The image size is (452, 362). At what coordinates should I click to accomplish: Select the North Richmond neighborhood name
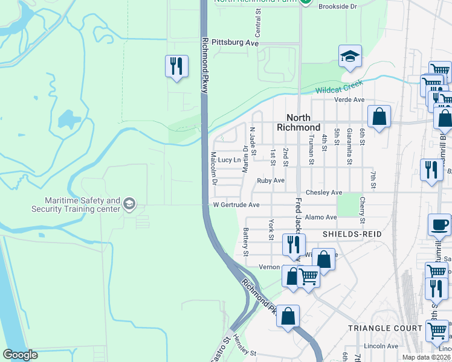pos(299,122)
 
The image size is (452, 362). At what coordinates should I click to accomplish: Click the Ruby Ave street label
pos(270,180)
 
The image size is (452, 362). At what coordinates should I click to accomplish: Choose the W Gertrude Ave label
pos(236,205)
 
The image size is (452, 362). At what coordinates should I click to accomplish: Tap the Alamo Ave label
pos(321,217)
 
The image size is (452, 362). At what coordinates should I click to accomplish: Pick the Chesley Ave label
pos(324,192)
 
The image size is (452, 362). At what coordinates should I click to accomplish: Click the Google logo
pos(21,355)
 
